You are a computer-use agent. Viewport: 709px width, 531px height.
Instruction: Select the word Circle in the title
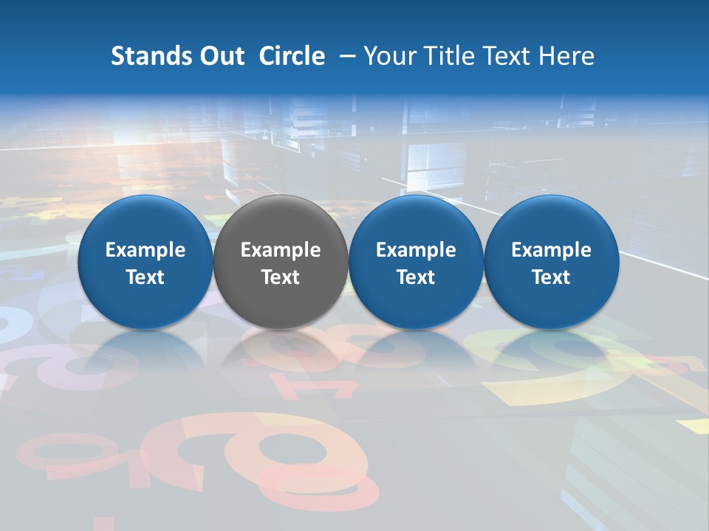[292, 56]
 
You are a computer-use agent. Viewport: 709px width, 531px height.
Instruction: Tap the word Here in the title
[567, 56]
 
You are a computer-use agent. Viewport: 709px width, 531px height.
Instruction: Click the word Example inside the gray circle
[281, 251]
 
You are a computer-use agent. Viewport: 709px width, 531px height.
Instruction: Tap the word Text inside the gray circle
[281, 277]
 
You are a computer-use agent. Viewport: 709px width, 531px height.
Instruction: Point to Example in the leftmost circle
[145, 251]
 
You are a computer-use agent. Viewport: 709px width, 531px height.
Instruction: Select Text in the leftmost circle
[145, 277]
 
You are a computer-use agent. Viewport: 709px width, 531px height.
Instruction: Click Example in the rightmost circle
[552, 251]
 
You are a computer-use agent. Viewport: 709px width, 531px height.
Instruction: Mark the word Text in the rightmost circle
[552, 277]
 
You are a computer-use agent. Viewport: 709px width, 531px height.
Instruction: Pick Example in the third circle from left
[416, 251]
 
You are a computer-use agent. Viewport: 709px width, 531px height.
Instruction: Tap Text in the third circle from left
[416, 277]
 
